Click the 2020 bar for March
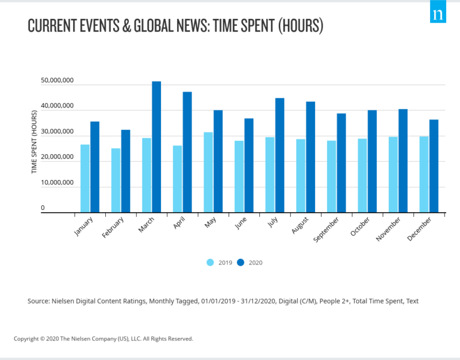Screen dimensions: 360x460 (156, 147)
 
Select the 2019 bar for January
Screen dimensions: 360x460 (85, 179)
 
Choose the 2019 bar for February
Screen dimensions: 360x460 (116, 181)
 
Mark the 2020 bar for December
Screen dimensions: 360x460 (434, 166)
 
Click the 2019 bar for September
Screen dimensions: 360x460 (331, 177)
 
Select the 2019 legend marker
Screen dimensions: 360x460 (210, 263)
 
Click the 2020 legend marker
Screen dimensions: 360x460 (241, 263)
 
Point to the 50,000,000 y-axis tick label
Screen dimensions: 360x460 (56, 81)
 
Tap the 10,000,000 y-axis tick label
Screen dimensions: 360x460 (56, 183)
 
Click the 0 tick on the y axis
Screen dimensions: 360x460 (43, 208)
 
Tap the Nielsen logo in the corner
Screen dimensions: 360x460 (438, 12)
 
